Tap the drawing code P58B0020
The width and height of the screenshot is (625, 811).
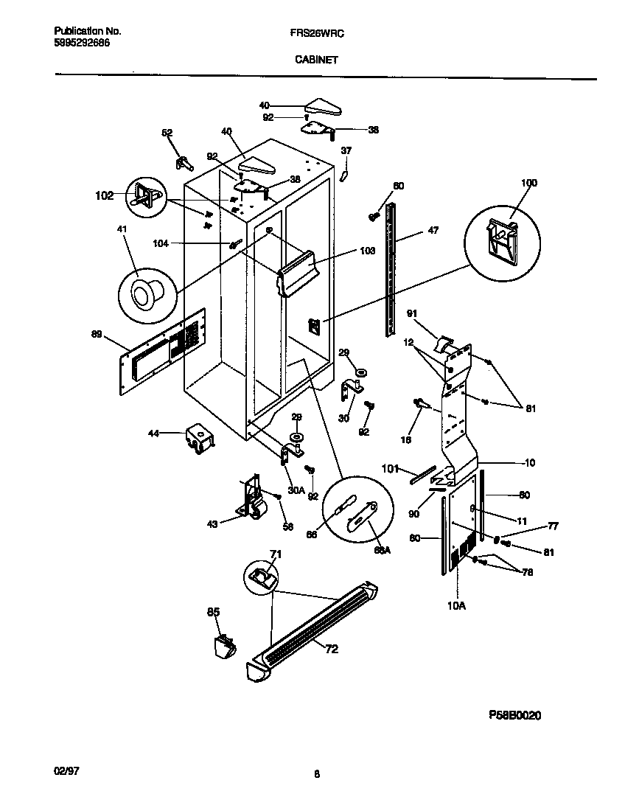click(515, 715)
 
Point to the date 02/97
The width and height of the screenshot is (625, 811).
click(66, 770)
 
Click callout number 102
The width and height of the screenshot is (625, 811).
click(105, 196)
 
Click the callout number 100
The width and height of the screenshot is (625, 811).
click(529, 183)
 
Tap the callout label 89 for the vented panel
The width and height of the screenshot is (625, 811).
click(97, 334)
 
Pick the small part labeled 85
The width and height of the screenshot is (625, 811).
click(223, 647)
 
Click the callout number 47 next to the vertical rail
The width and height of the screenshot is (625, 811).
click(433, 231)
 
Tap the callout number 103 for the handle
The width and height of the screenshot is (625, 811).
click(366, 251)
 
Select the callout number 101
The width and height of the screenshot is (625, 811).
click(390, 467)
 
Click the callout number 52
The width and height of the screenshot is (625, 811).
click(167, 133)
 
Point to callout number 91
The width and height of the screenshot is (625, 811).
click(412, 313)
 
